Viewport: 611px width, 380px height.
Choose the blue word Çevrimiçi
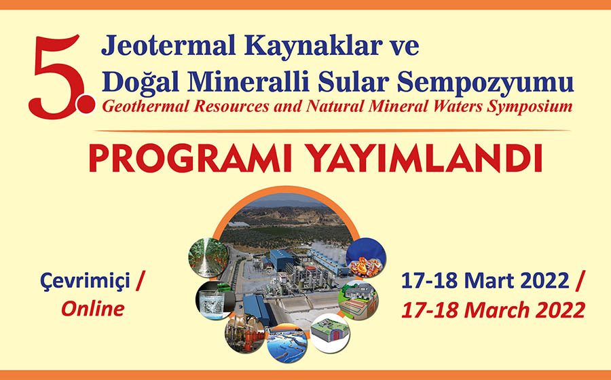pos(86,281)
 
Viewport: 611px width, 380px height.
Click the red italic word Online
pos(93,309)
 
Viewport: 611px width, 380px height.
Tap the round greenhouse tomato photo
pos(209,257)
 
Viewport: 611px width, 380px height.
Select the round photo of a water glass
pos(215,301)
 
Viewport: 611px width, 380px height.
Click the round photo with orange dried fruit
pos(366,257)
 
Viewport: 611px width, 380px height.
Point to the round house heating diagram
pos(358,300)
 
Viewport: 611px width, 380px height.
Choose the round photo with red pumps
pos(245,334)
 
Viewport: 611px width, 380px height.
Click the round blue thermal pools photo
pos(287,343)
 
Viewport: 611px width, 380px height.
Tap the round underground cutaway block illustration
pos(330,333)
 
